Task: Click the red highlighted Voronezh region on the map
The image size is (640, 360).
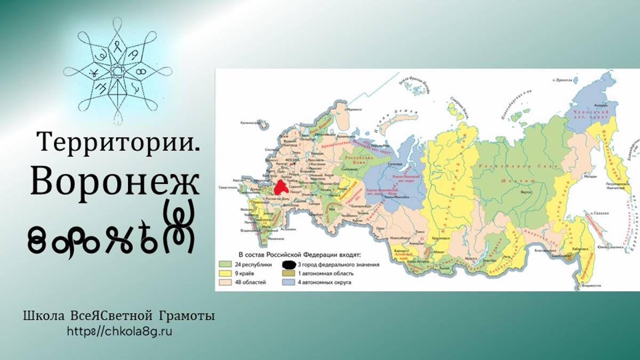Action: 281,188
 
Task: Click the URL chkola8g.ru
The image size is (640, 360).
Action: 120,331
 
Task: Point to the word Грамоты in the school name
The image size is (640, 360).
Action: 188,316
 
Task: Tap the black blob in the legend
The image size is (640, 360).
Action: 290,264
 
